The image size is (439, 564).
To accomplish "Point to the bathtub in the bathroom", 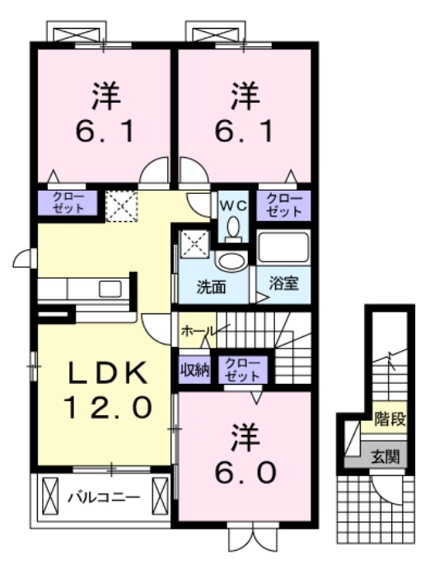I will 283,247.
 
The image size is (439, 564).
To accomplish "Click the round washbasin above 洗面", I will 231,261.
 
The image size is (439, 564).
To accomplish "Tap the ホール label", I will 197,331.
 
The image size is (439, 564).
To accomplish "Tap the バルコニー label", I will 103,497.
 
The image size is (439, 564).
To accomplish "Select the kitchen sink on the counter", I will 110,288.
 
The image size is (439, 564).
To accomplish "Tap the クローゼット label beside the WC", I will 284,205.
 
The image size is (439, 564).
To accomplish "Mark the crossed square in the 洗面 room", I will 194,242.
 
